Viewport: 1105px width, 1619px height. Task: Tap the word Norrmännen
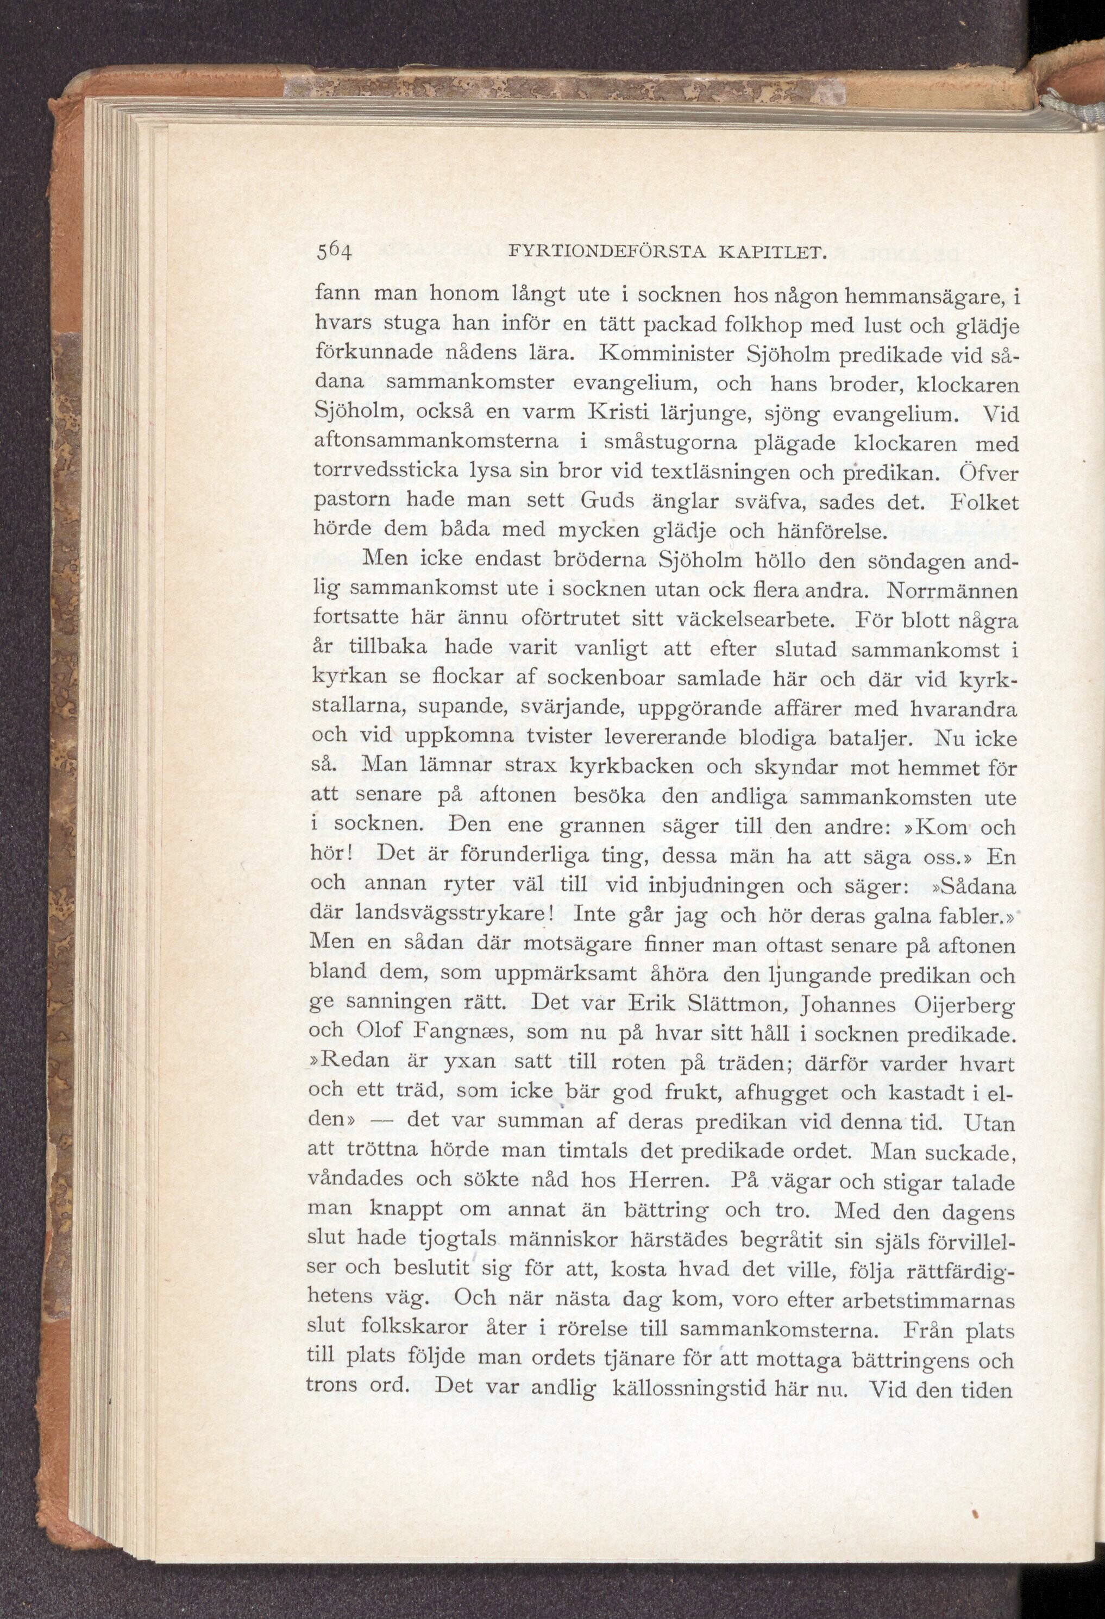(x=952, y=591)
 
